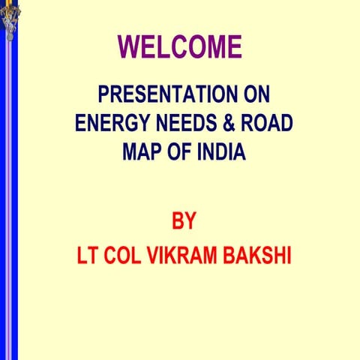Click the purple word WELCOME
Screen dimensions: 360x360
tap(180, 47)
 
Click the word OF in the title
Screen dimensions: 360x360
tap(181, 151)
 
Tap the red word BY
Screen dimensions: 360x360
tap(184, 222)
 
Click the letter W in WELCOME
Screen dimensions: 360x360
tap(130, 47)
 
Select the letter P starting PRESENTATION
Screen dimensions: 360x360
tap(104, 95)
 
